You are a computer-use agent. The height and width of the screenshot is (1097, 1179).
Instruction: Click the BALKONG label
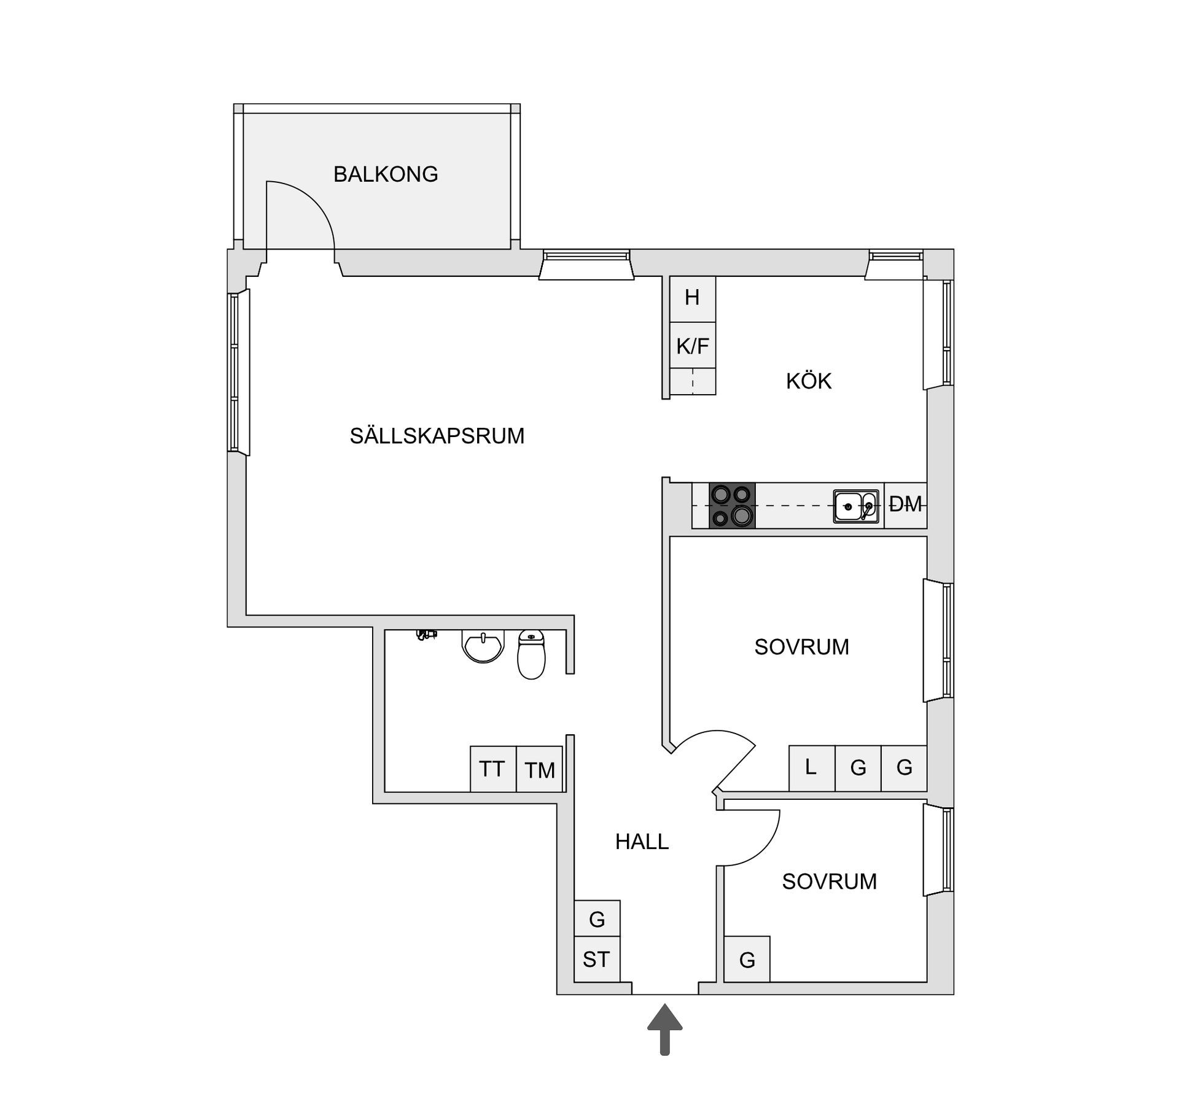[x=386, y=174]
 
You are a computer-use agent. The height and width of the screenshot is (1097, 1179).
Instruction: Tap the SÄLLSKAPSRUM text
[x=437, y=436]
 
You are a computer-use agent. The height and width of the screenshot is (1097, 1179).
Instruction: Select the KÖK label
[x=808, y=381]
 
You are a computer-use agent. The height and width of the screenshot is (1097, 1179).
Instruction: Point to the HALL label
[x=642, y=842]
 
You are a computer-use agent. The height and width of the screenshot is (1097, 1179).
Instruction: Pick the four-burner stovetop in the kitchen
[x=732, y=506]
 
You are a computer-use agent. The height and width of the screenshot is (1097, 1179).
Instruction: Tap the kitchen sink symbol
[x=855, y=506]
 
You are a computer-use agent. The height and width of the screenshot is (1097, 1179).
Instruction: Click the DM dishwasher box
[x=905, y=505]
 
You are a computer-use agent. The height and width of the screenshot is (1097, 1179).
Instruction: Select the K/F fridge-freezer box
[x=693, y=346]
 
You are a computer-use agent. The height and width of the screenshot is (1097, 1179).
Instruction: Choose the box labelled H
[x=693, y=298]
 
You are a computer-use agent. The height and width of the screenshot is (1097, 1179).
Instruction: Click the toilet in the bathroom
[x=531, y=654]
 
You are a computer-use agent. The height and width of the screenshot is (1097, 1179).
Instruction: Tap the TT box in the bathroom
[x=492, y=769]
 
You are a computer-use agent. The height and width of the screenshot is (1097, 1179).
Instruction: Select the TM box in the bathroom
[x=539, y=770]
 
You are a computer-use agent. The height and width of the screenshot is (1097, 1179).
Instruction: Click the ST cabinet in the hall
[x=596, y=959]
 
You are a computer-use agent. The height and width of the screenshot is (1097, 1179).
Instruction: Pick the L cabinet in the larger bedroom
[x=811, y=768]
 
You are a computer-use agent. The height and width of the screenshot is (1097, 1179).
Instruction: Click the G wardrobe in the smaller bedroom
[x=747, y=959]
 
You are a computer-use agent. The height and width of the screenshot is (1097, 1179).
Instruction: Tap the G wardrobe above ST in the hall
[x=597, y=919]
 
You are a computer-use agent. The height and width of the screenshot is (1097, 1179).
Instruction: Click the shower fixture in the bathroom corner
[x=426, y=635]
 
